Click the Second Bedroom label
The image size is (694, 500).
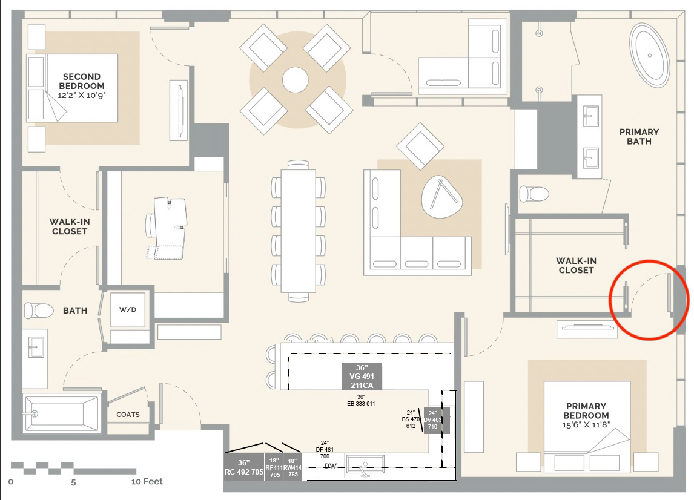[82, 81]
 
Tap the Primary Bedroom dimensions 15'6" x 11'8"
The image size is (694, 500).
[586, 426]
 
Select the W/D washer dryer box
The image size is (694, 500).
[127, 310]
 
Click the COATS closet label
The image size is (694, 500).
[128, 415]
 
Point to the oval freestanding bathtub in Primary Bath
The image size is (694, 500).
[650, 55]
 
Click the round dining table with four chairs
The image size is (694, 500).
[296, 79]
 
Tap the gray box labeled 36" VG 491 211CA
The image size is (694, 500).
[362, 377]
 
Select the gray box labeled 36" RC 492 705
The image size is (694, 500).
[244, 467]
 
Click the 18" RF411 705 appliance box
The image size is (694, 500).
[274, 467]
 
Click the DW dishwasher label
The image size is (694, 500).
[330, 466]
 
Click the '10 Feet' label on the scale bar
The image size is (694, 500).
[147, 482]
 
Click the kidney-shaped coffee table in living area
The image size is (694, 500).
[441, 197]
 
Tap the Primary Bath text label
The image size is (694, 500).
[639, 136]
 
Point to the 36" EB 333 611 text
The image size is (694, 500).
[362, 400]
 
